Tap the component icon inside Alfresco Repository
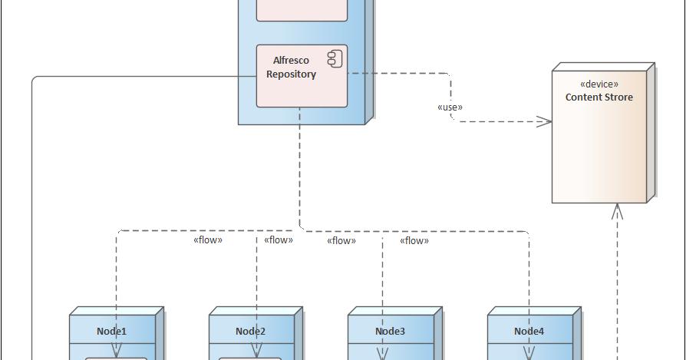tap(335, 58)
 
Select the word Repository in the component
tap(291, 74)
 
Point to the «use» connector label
tap(450, 107)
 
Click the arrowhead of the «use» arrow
tap(545, 121)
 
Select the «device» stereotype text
tap(599, 84)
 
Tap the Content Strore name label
tap(599, 97)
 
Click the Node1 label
tap(111, 332)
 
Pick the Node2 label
tap(251, 332)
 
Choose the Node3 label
tap(390, 332)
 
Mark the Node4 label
tap(529, 332)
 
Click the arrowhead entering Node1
tap(117, 352)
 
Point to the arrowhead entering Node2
tap(256, 352)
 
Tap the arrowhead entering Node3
tap(381, 352)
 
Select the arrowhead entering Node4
tap(529, 352)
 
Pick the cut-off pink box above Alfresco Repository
tap(302, 10)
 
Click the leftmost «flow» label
tap(207, 240)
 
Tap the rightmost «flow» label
tap(414, 241)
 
